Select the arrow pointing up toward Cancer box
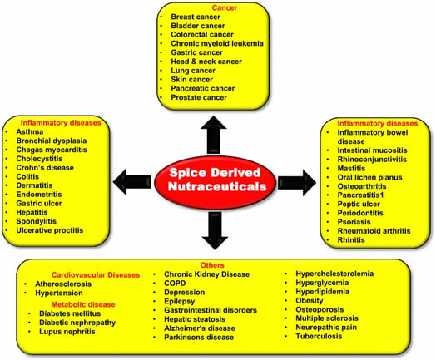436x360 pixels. (214, 135)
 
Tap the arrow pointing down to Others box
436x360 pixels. (215, 230)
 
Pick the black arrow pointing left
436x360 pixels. (132, 182)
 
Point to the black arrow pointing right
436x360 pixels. (297, 183)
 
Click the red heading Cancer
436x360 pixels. (225, 7)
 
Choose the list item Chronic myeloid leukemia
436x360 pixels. (217, 43)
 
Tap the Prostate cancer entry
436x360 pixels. (199, 97)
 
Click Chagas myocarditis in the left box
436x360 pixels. (52, 150)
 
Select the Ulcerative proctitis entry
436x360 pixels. (50, 230)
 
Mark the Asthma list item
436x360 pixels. (30, 131)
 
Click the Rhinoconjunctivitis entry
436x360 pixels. (372, 160)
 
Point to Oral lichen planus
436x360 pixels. (369, 177)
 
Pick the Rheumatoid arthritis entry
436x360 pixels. (374, 231)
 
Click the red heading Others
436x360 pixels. (212, 265)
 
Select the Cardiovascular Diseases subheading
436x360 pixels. (96, 275)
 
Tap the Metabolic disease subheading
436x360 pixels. (83, 304)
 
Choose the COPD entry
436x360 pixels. (175, 284)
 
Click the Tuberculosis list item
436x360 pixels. (319, 337)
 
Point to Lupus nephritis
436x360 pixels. (67, 332)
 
